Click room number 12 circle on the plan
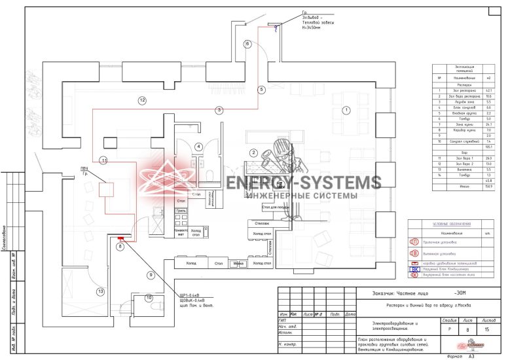click(141, 100)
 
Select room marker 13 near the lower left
click(100, 291)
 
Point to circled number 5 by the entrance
click(261, 89)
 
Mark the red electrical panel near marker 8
click(120, 241)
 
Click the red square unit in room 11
click(106, 189)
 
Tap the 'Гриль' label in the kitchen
click(181, 211)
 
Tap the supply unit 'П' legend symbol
click(414, 242)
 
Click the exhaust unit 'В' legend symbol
click(414, 253)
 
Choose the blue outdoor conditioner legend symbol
click(414, 268)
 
